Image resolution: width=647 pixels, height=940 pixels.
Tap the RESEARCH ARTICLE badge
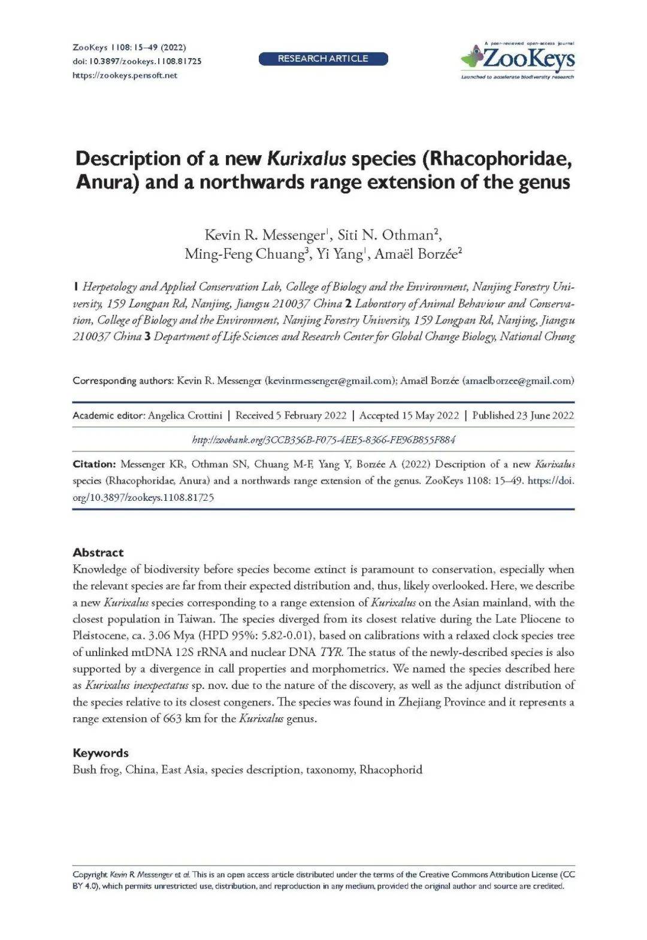(x=323, y=59)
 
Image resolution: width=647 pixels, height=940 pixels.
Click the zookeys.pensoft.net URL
(x=125, y=75)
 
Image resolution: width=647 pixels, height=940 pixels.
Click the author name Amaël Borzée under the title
(x=417, y=254)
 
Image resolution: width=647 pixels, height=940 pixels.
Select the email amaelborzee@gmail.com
(x=518, y=380)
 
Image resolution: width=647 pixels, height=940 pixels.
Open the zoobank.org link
(x=323, y=440)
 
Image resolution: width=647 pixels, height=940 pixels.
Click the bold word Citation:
(x=94, y=464)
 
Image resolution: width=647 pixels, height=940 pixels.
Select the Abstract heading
(x=98, y=552)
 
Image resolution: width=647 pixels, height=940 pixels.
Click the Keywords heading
(x=101, y=753)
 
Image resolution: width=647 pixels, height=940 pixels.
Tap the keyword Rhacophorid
(x=391, y=770)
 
